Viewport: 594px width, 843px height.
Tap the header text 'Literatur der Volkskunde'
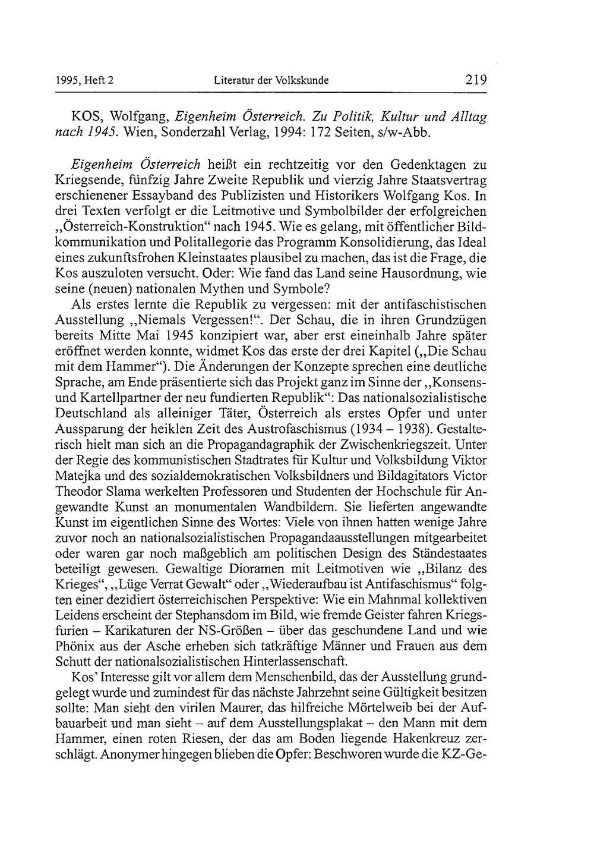point(271,80)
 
